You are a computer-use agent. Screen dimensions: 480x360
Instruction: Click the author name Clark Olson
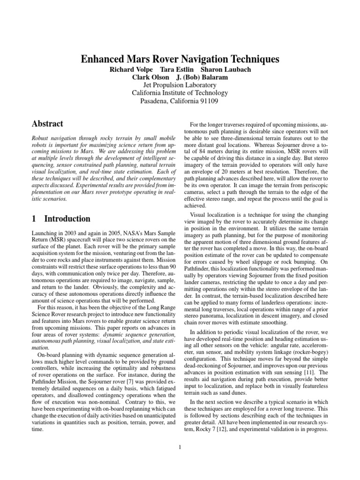[x=150, y=77]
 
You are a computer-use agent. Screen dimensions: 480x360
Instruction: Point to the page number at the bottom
[x=180, y=446]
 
